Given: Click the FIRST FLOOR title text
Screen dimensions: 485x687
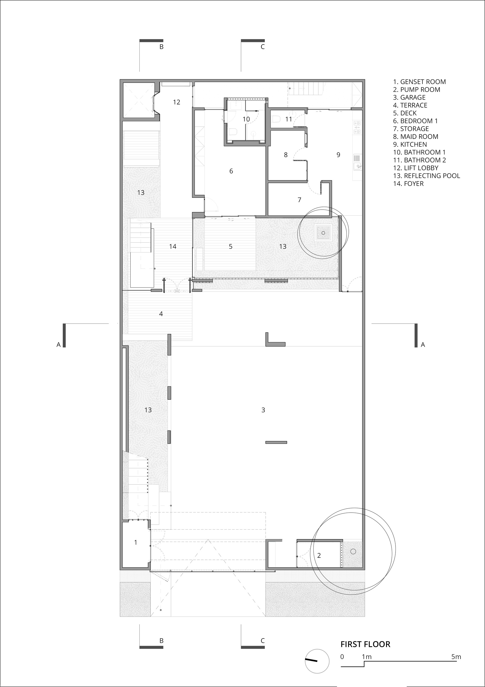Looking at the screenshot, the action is [x=365, y=644].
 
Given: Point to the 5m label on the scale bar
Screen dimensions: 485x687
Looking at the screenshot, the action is [x=456, y=657].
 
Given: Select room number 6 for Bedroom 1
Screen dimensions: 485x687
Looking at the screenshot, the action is [x=231, y=171].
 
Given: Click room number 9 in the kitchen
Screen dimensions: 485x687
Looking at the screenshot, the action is [x=338, y=155].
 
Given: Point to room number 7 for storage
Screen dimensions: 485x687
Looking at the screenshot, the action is [x=299, y=200].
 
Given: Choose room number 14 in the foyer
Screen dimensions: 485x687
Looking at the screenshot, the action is [x=173, y=246].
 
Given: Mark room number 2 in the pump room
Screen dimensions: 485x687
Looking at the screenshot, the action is [x=319, y=555].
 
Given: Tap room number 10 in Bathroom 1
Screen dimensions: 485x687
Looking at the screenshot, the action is [x=246, y=119].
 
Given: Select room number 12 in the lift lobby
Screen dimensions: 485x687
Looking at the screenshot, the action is [x=177, y=102].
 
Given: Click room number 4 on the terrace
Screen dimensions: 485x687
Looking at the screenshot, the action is [x=161, y=314].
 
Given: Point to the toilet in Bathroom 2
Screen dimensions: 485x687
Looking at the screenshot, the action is [x=277, y=119].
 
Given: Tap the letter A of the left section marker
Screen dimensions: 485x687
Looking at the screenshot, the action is [x=59, y=345].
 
